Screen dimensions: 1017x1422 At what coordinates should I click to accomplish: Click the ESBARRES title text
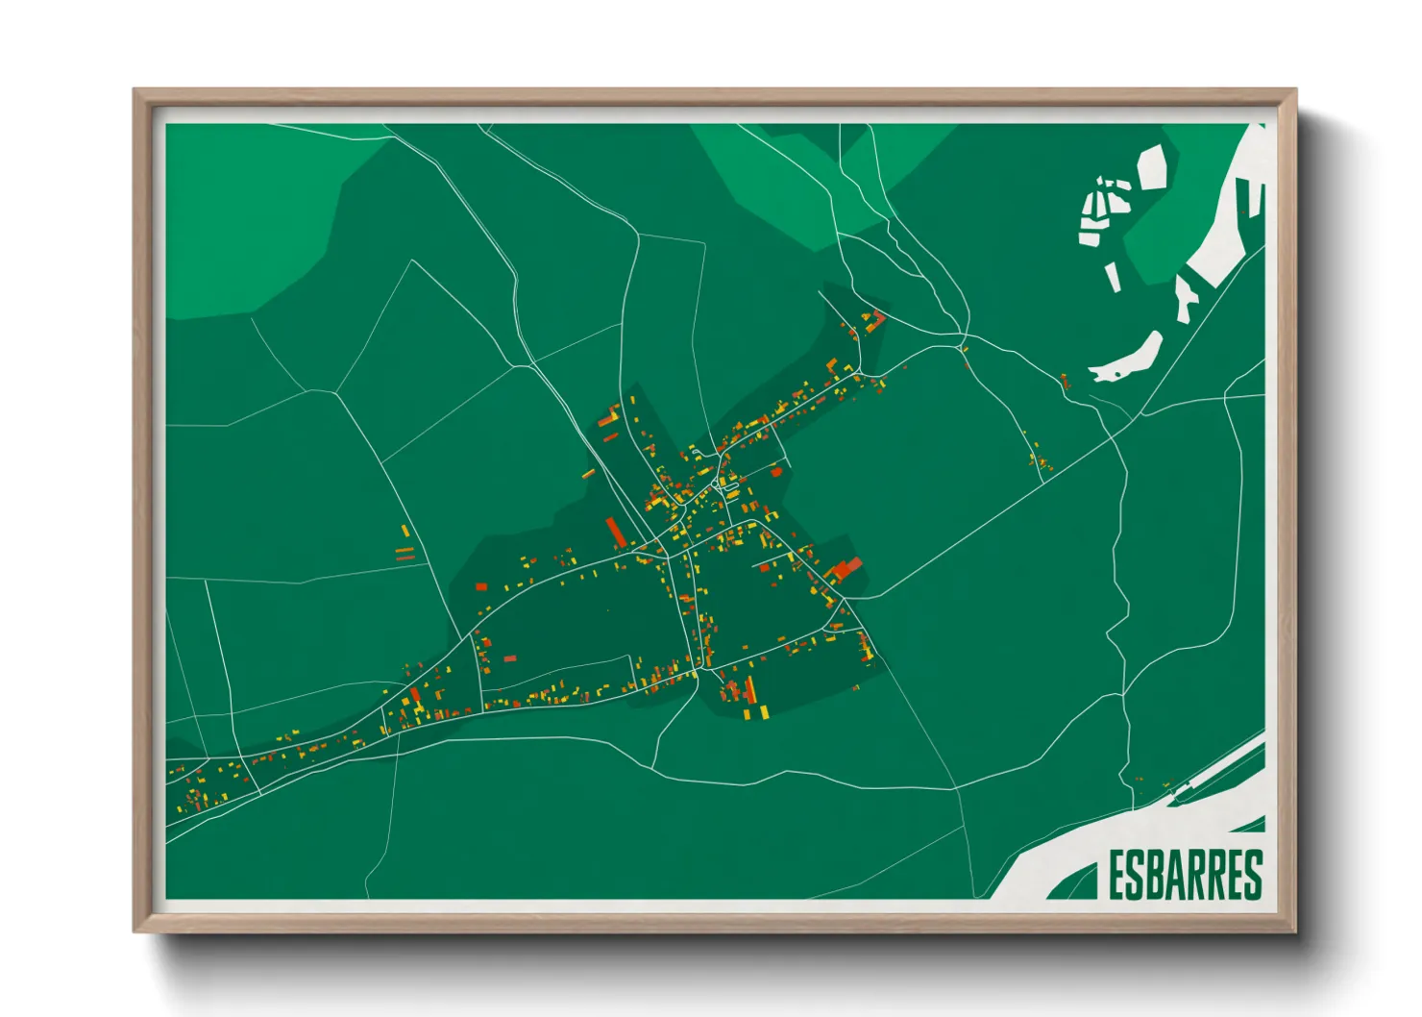tap(1185, 874)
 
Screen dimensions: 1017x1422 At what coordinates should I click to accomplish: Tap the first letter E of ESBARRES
tap(1118, 874)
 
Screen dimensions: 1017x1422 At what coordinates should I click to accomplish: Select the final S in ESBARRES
tap(1253, 874)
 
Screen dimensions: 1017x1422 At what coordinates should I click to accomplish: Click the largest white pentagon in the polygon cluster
tap(1153, 166)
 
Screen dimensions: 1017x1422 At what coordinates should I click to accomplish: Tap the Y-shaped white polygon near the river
tap(1186, 297)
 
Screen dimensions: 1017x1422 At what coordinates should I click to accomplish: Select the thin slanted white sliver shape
tap(1113, 277)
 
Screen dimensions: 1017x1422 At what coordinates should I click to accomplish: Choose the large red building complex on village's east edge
tap(846, 568)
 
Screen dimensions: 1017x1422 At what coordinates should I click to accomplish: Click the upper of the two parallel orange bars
tap(405, 550)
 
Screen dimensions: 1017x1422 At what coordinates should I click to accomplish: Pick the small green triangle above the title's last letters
tap(1253, 825)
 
